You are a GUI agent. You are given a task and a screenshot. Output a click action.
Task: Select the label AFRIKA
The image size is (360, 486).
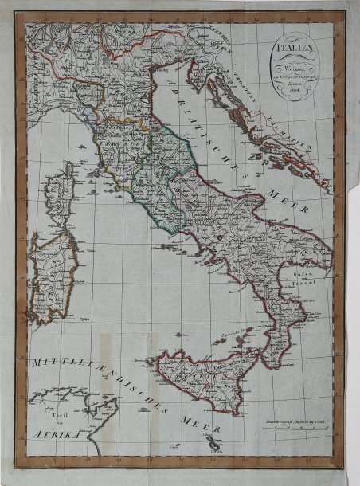click(x=58, y=434)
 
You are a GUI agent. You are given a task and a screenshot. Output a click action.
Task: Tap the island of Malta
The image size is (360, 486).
click(x=212, y=443)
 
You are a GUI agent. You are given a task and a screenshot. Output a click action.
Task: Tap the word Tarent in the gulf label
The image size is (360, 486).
click(x=299, y=282)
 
